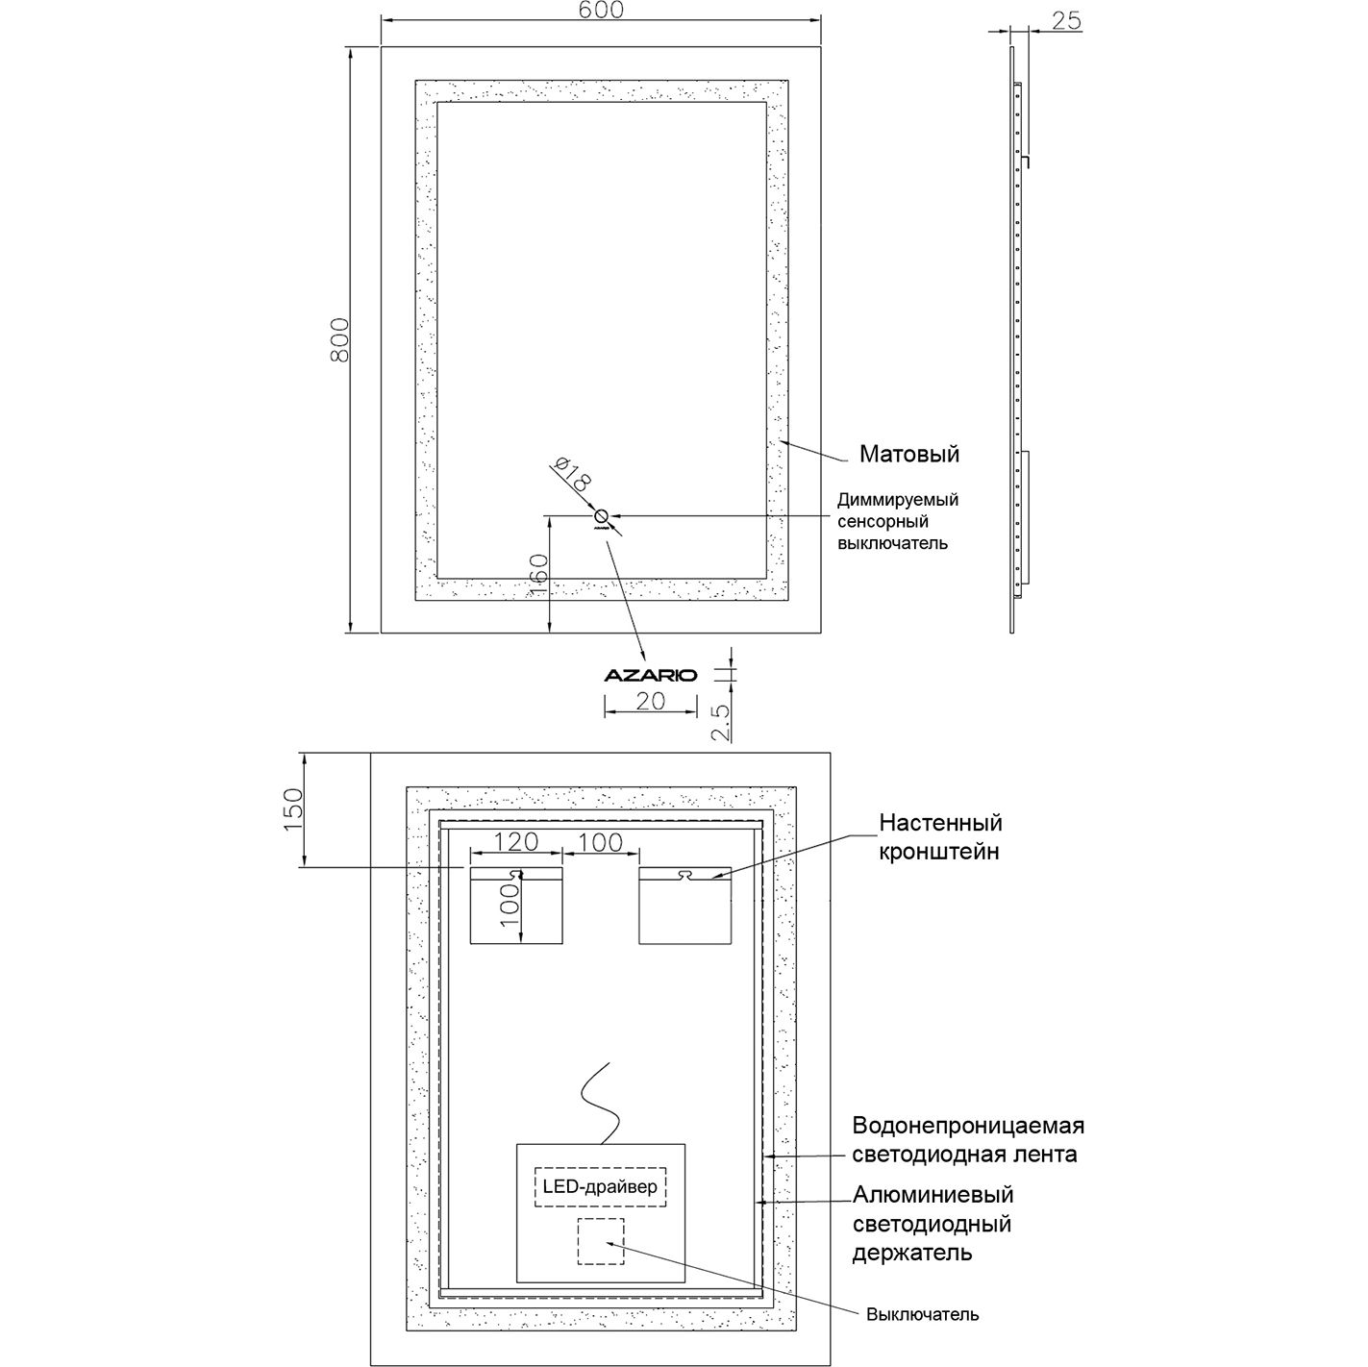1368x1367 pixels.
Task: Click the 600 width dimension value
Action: (602, 10)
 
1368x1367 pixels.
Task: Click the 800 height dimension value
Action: (338, 340)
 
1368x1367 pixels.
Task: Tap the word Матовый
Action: (908, 454)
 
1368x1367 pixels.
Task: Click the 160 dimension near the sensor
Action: (537, 574)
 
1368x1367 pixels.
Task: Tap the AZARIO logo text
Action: (650, 675)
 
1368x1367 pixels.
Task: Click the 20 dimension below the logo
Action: (651, 702)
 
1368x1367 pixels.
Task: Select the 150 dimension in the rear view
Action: (292, 809)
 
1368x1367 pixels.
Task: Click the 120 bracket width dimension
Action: (515, 843)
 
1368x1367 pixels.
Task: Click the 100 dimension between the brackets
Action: (601, 843)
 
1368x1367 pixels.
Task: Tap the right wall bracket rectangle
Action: (684, 906)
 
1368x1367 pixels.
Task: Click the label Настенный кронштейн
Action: (940, 836)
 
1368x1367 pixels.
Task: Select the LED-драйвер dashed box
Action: (600, 1186)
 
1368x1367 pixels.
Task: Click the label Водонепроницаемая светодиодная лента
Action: (967, 1139)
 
